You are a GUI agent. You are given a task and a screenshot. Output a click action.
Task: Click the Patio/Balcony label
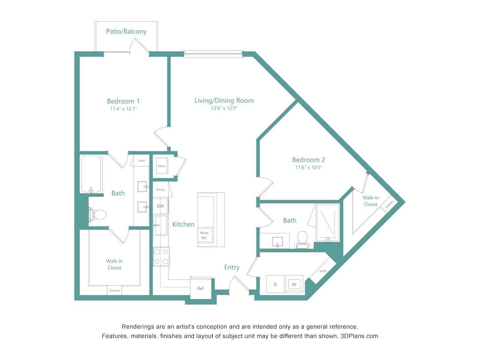click(126, 31)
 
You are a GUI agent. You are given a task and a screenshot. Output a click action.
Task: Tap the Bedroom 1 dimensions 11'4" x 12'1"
click(123, 109)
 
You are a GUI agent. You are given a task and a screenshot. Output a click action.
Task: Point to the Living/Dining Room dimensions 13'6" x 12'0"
click(224, 108)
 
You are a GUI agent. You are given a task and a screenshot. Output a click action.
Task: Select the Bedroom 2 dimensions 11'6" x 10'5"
click(309, 167)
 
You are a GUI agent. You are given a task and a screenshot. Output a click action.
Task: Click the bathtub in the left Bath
click(91, 174)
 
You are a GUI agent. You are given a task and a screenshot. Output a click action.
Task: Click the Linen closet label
click(141, 160)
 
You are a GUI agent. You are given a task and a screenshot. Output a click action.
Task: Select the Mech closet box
click(162, 166)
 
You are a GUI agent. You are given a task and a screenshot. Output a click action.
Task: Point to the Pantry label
click(160, 190)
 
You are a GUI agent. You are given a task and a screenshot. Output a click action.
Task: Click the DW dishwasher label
click(160, 206)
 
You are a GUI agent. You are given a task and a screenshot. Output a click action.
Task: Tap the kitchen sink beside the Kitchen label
click(160, 225)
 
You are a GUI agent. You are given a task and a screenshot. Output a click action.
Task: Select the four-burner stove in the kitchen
click(161, 256)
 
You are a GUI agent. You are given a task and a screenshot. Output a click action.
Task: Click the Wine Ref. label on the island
click(204, 235)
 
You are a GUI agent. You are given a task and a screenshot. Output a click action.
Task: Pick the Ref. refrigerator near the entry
click(201, 288)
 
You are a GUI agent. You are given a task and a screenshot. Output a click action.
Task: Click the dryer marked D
click(275, 284)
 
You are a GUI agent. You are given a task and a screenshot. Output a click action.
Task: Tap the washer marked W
click(294, 284)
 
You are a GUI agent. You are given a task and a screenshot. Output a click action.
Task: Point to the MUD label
click(323, 271)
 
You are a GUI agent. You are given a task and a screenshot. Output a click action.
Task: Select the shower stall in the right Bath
click(328, 223)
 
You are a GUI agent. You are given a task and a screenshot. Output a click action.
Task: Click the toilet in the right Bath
click(302, 240)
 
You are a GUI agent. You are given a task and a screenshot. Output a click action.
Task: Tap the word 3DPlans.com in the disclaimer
click(359, 336)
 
